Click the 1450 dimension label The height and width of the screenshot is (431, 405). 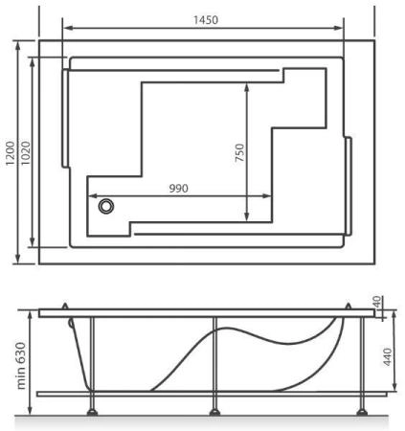tap(206, 20)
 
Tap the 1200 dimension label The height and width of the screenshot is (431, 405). tap(11, 153)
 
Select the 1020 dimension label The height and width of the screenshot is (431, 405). tap(26, 153)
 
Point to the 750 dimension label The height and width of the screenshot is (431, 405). tap(239, 152)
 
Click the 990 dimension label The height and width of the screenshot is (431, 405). tap(178, 189)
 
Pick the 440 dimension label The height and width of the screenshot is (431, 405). tap(387, 356)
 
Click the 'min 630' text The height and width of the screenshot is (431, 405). tap(21, 366)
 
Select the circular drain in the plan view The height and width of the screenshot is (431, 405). tap(105, 206)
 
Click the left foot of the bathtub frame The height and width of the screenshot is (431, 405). tap(92, 412)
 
